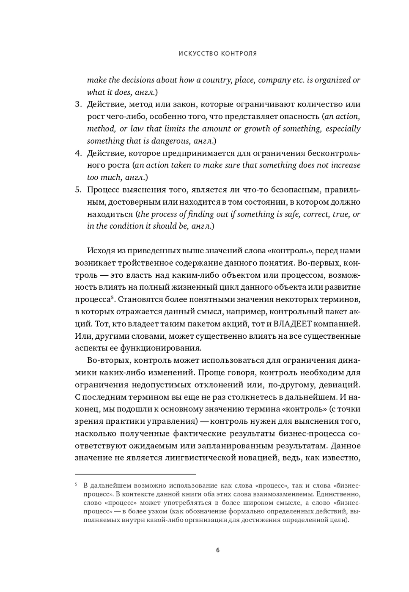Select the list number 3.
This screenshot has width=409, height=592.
point(78,104)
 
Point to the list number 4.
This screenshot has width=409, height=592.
point(78,153)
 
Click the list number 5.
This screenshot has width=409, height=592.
point(78,189)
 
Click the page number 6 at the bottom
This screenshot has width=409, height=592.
point(218,550)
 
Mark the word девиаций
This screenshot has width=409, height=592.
point(341,385)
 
